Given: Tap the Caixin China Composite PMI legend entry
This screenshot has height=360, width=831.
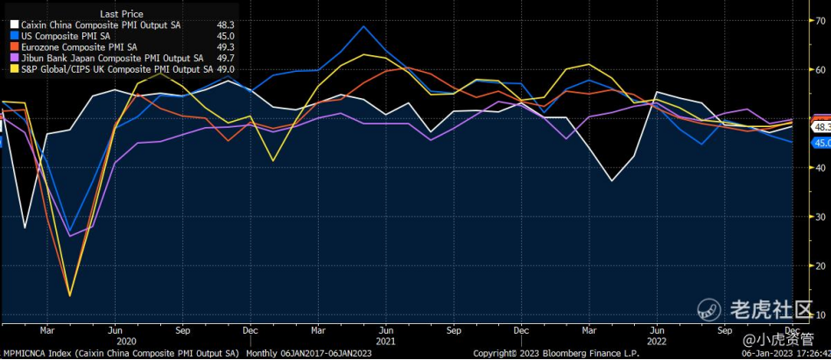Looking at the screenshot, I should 102,25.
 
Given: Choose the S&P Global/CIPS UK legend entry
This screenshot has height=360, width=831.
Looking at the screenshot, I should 114,68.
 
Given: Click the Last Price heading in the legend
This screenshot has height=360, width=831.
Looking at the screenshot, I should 122,14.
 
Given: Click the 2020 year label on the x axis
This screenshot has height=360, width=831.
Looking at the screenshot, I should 126,340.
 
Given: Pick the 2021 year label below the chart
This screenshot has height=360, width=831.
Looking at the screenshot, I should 385,340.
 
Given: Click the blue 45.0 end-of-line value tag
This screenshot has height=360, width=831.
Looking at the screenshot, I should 821,142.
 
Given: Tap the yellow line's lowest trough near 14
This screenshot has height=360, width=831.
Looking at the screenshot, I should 70,295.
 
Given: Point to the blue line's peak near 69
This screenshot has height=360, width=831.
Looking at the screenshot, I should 363,26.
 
